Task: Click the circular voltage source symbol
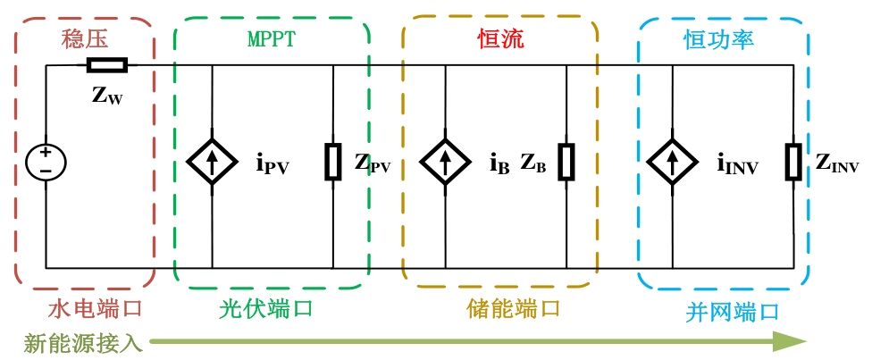point(46,162)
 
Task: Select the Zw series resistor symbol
point(107,65)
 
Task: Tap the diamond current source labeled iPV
point(212,163)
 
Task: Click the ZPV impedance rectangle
point(333,162)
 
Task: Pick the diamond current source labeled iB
point(445,163)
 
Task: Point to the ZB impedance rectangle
point(566,162)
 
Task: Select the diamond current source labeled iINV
point(673,163)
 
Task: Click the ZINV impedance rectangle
point(793,162)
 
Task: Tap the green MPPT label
point(271,38)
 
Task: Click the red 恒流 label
point(501,39)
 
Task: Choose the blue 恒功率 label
point(718,40)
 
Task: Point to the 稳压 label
point(85,39)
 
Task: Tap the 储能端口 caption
point(512,308)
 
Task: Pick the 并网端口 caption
point(732,312)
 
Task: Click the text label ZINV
point(837,163)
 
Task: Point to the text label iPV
point(272,164)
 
